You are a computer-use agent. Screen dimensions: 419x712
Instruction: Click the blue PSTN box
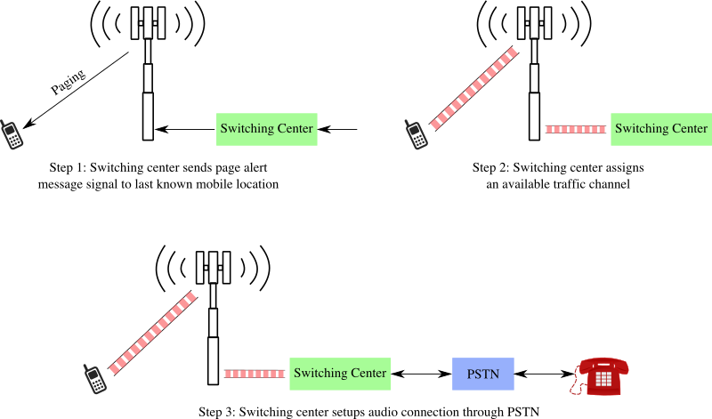[483, 374]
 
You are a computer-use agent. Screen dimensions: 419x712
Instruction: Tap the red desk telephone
[601, 375]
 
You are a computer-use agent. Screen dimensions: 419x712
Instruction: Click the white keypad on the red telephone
[604, 379]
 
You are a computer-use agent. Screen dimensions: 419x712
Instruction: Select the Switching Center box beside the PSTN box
[340, 374]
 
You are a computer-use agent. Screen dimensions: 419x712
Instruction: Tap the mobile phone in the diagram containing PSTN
[94, 378]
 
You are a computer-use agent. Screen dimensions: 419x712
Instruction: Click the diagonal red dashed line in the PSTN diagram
[152, 333]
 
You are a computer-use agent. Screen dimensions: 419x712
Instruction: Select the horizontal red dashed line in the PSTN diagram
[255, 374]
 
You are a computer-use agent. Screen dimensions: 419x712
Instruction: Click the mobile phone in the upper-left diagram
[11, 134]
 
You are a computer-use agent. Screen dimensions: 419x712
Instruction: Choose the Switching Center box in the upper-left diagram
[267, 129]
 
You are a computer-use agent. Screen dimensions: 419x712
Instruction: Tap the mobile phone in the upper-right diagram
[416, 134]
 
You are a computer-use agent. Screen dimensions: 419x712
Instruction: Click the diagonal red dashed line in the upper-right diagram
[473, 88]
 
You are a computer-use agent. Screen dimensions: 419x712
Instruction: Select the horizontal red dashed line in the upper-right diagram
[576, 129]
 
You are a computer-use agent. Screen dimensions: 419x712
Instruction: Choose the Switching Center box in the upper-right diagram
[661, 129]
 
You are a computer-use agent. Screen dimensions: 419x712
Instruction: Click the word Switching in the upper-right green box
[640, 129]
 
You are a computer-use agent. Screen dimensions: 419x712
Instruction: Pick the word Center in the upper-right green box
[688, 129]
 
